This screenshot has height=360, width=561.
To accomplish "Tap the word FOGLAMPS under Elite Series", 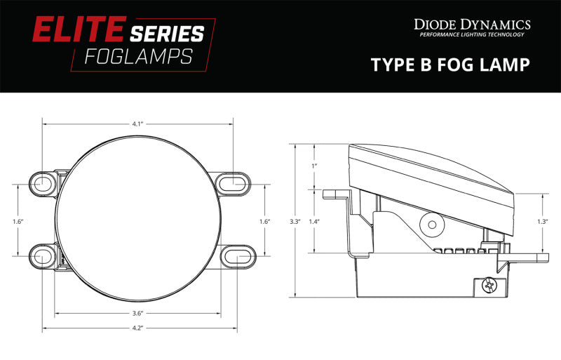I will pyautogui.click(x=138, y=58).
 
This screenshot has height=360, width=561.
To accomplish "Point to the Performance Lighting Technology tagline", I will pyautogui.click(x=472, y=35).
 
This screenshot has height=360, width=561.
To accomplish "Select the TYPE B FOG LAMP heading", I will pyautogui.click(x=450, y=65).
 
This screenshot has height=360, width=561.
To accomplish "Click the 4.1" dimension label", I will pyautogui.click(x=137, y=124).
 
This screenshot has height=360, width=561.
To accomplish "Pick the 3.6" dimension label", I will pyautogui.click(x=137, y=313).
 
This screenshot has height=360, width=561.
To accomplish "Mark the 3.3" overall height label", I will pyautogui.click(x=295, y=222).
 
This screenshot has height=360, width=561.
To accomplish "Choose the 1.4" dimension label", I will pyautogui.click(x=314, y=222).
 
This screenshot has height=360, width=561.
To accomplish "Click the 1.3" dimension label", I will pyautogui.click(x=541, y=222).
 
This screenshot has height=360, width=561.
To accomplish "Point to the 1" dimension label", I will pyautogui.click(x=314, y=166).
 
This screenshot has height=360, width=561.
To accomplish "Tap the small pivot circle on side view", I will pyautogui.click(x=431, y=226).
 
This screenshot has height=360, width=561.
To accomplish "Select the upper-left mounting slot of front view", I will pyautogui.click(x=41, y=183).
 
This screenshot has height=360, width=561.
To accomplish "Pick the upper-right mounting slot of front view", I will pyautogui.click(x=234, y=183).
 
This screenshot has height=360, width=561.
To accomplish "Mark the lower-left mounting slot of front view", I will pyautogui.click(x=41, y=257).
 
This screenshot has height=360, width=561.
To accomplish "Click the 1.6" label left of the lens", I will pyautogui.click(x=18, y=222).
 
